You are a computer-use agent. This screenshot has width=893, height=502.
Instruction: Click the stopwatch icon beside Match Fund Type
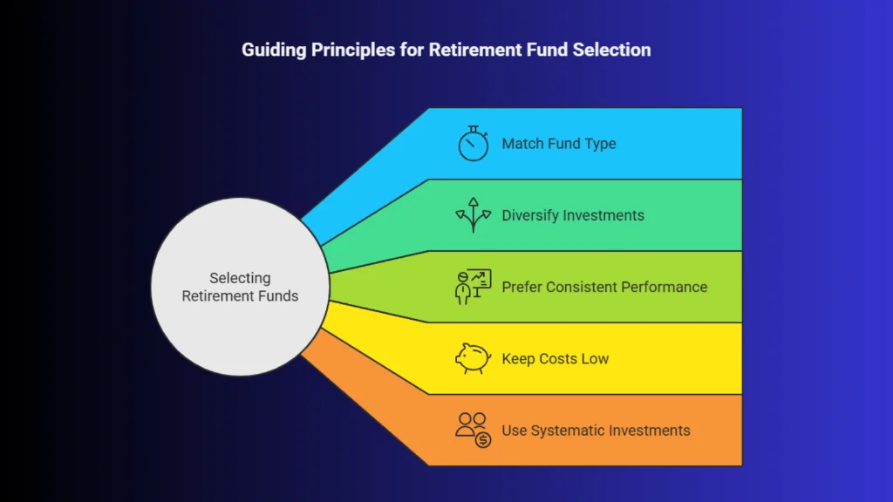(474, 144)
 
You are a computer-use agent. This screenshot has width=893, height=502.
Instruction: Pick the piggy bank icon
(474, 358)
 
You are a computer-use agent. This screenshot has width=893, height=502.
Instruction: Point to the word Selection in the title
(611, 50)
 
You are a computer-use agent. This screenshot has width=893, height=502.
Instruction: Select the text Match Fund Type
(558, 144)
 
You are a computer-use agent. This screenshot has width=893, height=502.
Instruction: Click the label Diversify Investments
(572, 215)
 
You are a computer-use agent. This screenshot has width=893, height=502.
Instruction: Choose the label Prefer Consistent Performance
(604, 287)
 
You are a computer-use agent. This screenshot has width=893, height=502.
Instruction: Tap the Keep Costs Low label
(555, 358)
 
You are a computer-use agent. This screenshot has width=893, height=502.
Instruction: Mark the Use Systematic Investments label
(596, 430)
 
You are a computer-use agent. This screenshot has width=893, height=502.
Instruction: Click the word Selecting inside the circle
(240, 278)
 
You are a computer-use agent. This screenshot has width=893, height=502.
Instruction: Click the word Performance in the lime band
(661, 287)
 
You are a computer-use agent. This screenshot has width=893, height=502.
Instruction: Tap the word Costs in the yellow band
(557, 358)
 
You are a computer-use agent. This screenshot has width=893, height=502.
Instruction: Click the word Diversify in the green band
(532, 215)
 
